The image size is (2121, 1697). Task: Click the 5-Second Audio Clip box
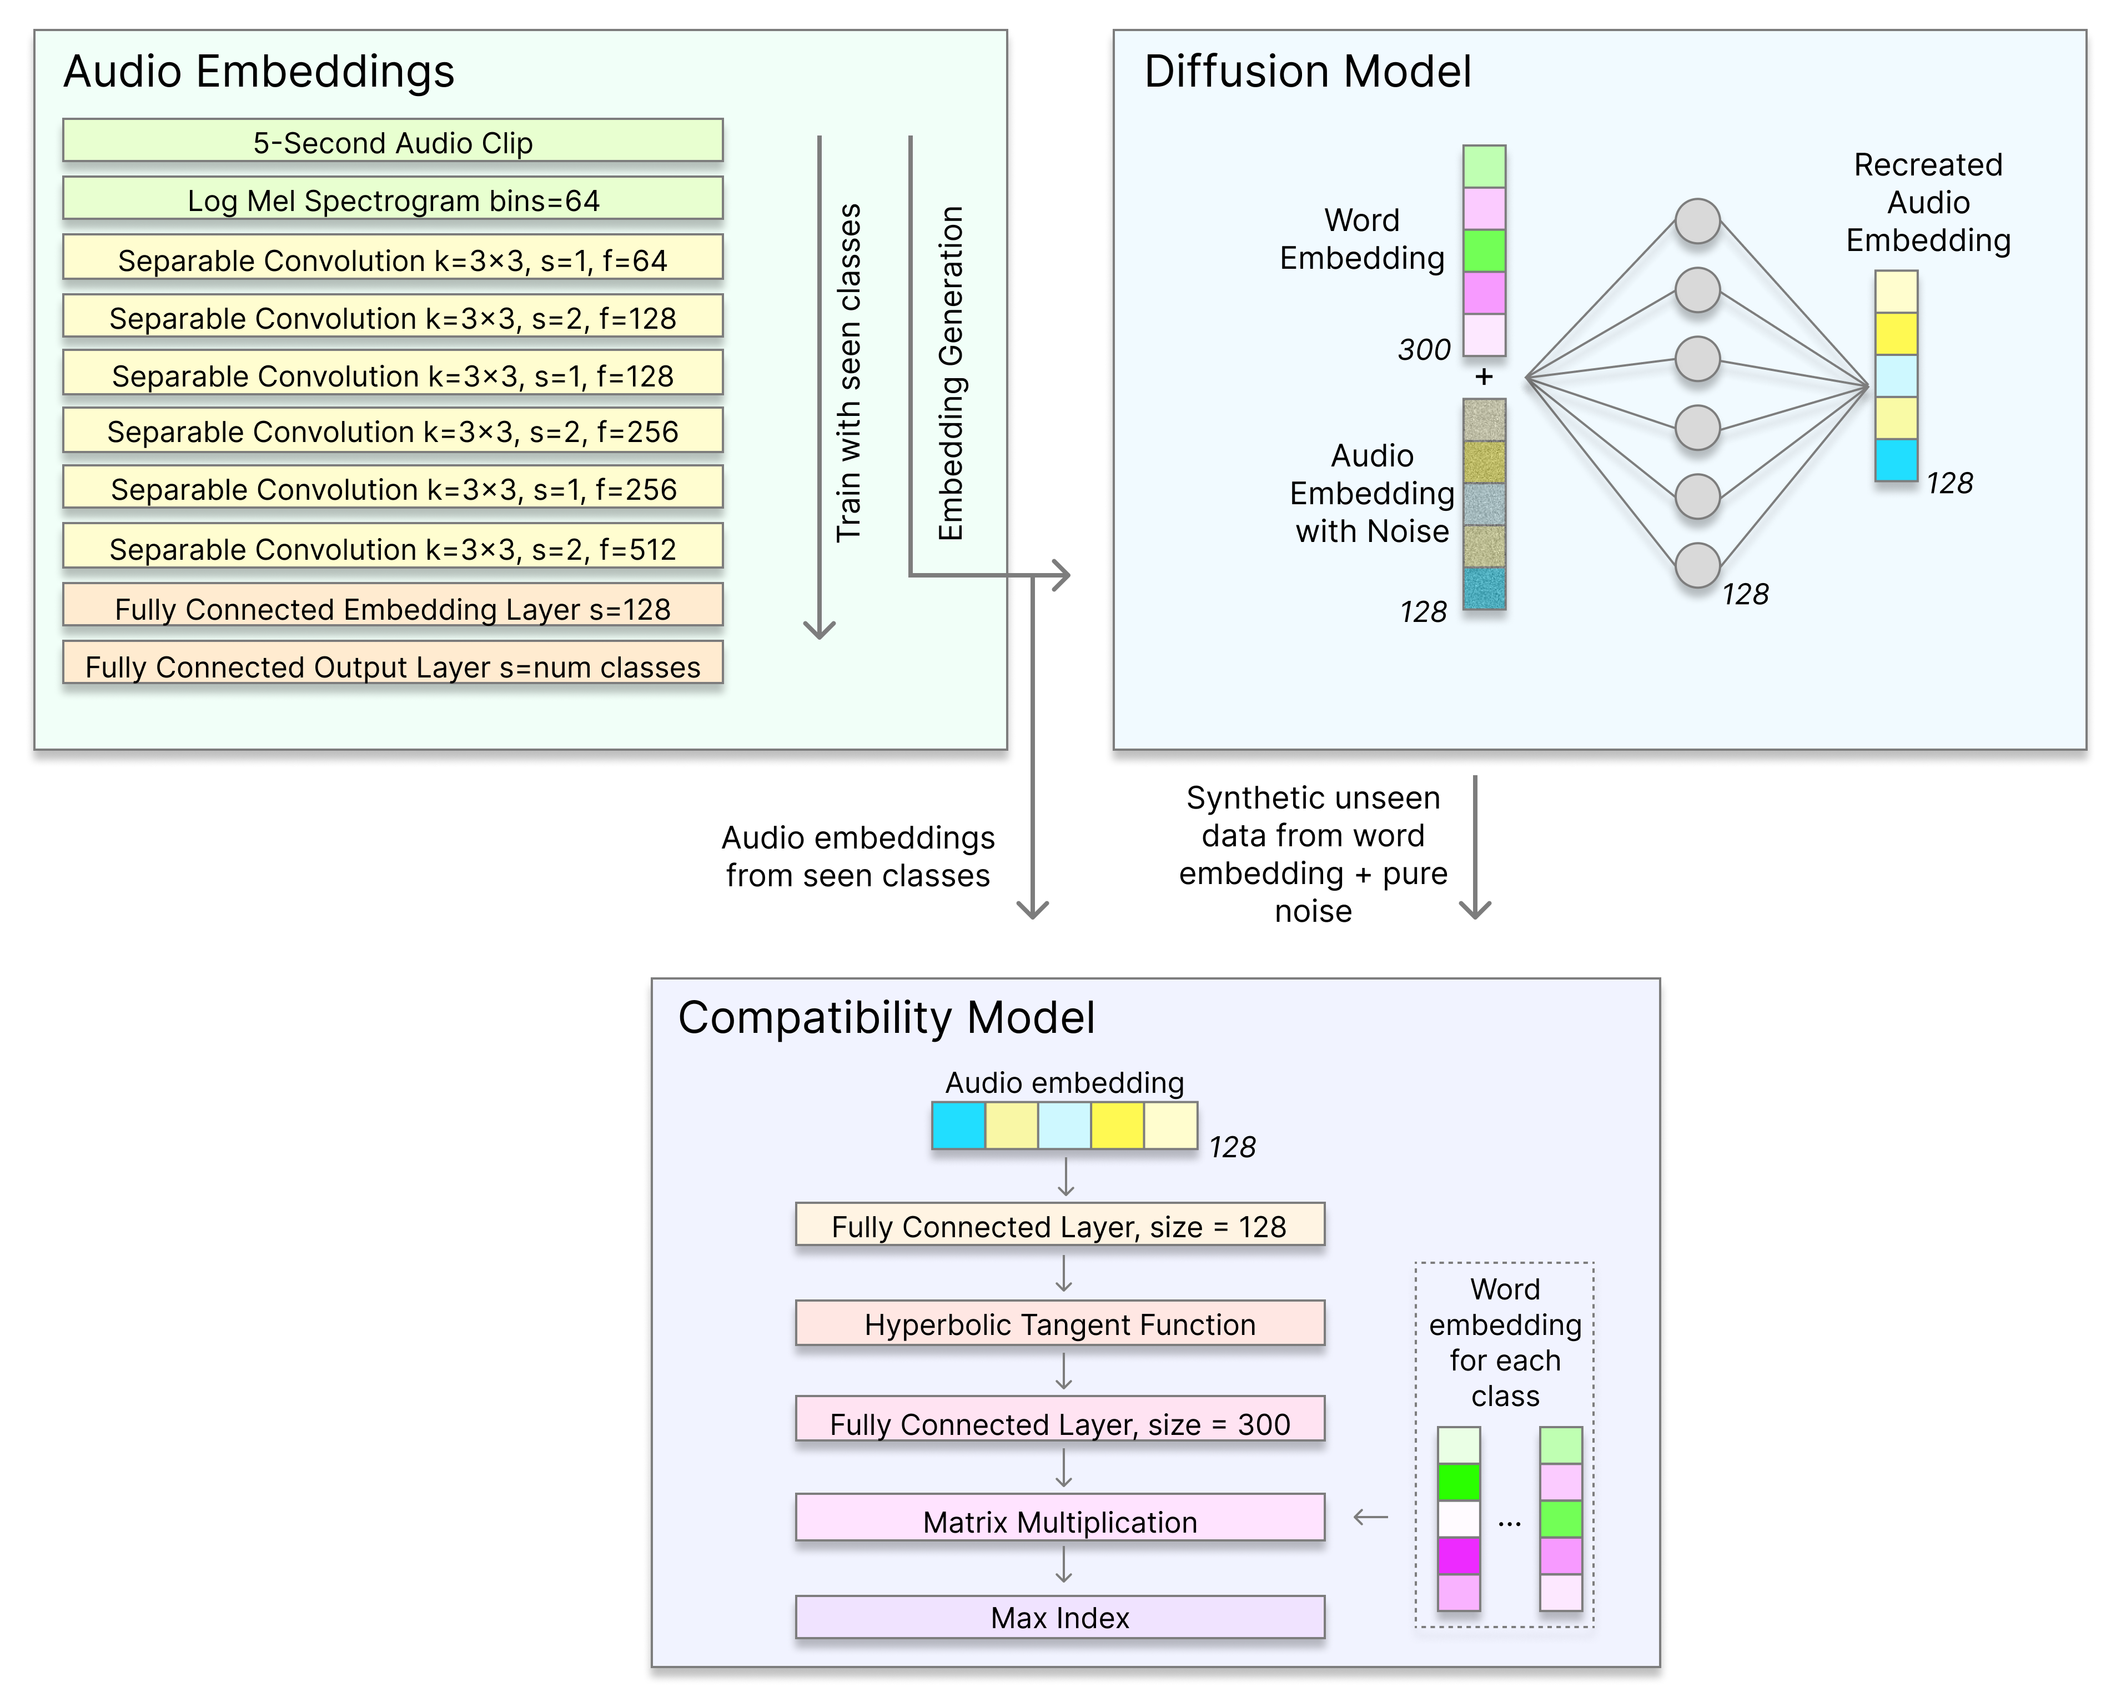tap(393, 140)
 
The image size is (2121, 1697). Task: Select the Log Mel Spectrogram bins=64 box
tap(393, 199)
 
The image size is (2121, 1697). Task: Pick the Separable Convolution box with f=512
tap(393, 547)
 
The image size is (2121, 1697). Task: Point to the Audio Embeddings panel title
tap(259, 72)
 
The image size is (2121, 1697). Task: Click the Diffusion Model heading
tap(1308, 72)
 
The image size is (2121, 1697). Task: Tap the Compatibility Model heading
tap(886, 1017)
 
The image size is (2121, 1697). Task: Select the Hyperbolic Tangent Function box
tap(1059, 1323)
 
